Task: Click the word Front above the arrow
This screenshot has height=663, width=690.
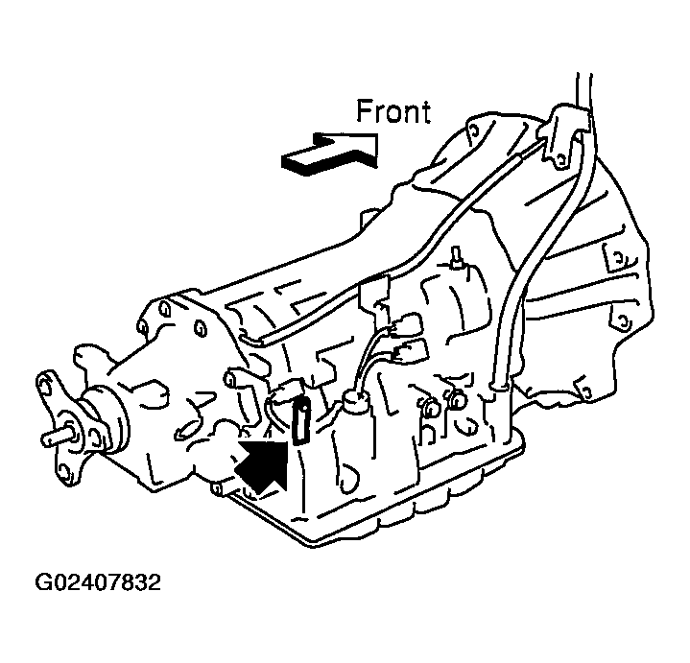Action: (x=393, y=111)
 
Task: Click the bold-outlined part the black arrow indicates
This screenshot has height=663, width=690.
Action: (x=301, y=420)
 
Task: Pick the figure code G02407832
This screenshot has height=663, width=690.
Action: (x=98, y=583)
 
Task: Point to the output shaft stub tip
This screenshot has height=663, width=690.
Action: (x=45, y=438)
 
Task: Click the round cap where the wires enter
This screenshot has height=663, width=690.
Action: (x=356, y=400)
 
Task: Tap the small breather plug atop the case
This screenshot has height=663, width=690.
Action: (x=457, y=257)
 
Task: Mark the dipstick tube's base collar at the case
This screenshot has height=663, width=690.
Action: (x=499, y=386)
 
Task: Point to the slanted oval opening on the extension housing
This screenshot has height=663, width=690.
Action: (x=187, y=430)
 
